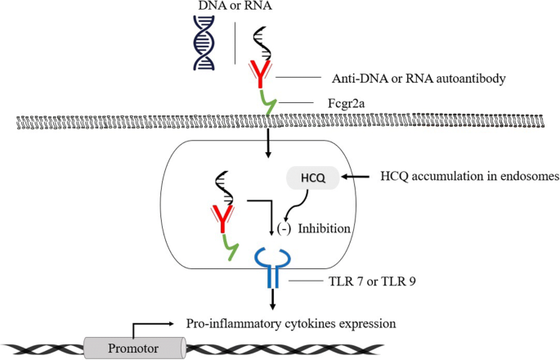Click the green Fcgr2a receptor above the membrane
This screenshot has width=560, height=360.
tap(269, 104)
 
